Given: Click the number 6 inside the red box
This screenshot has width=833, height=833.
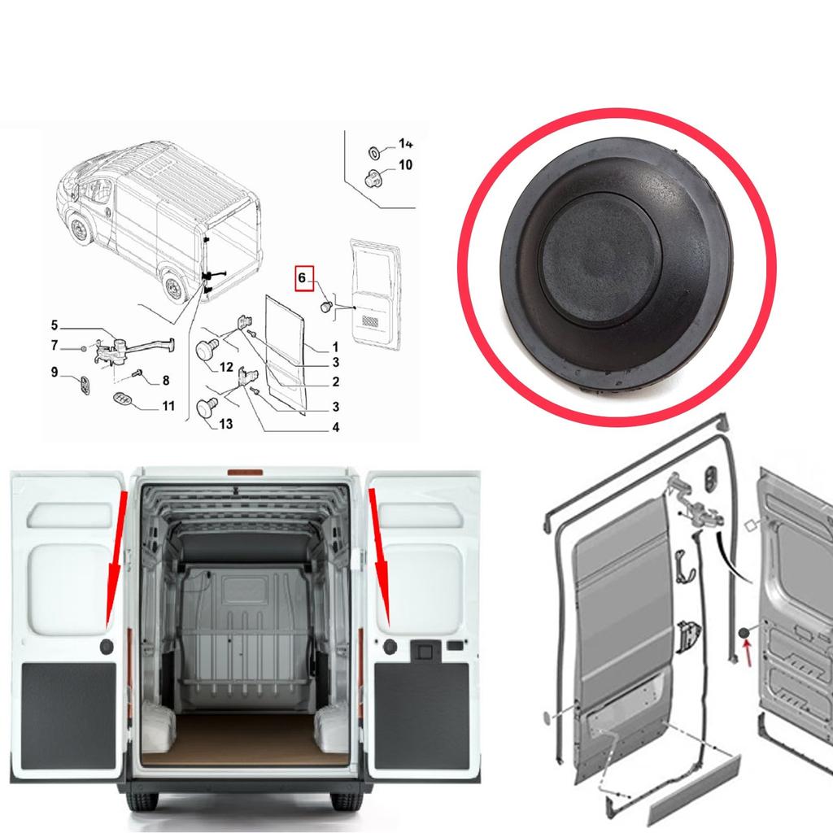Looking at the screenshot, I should [x=302, y=278].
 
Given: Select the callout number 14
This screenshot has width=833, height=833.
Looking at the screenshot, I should [x=405, y=144].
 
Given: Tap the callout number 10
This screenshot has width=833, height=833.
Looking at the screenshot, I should [x=405, y=165].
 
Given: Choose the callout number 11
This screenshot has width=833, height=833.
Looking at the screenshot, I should [x=168, y=405].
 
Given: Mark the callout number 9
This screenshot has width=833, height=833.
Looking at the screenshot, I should [x=54, y=372].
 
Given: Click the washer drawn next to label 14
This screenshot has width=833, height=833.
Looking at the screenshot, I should [x=374, y=151].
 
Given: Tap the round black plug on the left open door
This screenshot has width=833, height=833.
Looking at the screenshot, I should [x=107, y=646].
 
